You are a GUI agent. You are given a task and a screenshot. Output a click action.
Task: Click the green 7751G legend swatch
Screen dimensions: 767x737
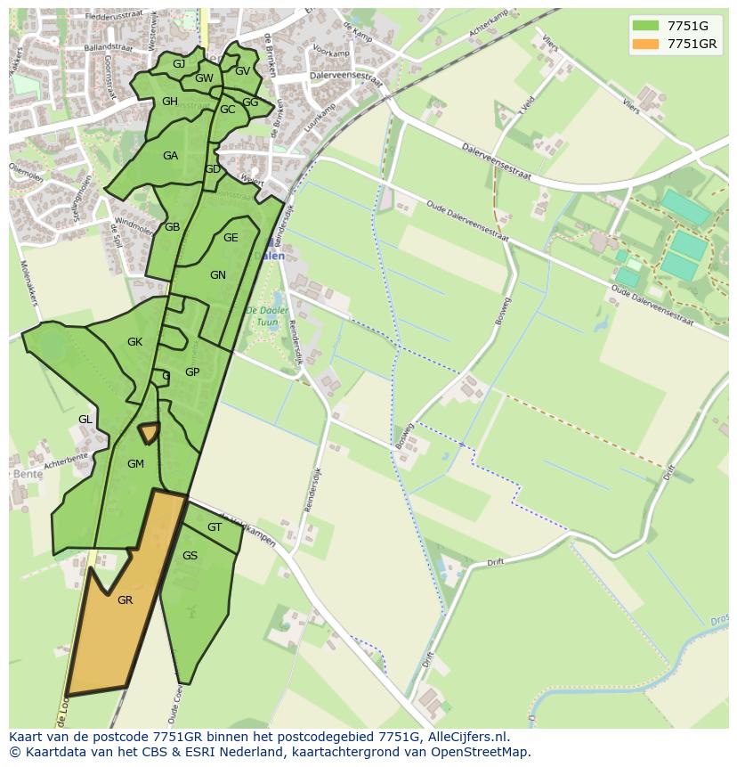tap(645, 25)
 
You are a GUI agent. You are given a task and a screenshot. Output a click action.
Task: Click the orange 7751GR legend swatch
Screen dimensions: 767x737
tap(645, 44)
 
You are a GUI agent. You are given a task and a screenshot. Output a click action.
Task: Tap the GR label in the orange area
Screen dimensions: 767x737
tap(125, 600)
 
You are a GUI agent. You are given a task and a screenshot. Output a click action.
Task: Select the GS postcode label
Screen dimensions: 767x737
tap(190, 556)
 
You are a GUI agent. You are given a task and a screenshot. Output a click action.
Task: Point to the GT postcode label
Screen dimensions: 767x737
tap(214, 527)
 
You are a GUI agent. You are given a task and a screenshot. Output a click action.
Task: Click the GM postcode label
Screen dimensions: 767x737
tap(135, 463)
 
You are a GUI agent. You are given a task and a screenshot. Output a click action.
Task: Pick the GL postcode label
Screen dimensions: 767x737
tap(85, 419)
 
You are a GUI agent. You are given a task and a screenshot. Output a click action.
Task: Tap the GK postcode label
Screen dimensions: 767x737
tap(134, 342)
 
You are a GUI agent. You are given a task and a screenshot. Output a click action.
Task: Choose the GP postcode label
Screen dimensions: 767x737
tap(192, 372)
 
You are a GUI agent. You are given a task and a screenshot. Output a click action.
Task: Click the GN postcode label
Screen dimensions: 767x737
tap(218, 275)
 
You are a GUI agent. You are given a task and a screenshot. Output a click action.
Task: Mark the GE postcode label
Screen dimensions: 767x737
tap(231, 238)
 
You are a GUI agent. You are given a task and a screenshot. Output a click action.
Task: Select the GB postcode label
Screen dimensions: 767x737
tap(173, 227)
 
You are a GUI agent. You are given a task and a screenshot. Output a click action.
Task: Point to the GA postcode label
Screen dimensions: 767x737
tap(170, 156)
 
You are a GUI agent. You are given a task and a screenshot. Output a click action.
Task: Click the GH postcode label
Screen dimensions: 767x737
tap(170, 102)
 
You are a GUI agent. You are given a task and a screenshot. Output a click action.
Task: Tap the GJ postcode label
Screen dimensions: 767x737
tap(179, 64)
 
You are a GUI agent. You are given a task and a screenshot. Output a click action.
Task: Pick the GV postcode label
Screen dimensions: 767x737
tap(242, 71)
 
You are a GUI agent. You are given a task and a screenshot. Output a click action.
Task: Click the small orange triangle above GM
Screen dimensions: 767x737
tap(149, 432)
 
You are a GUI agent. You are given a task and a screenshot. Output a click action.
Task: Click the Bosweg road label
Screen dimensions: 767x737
tap(503, 311)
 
